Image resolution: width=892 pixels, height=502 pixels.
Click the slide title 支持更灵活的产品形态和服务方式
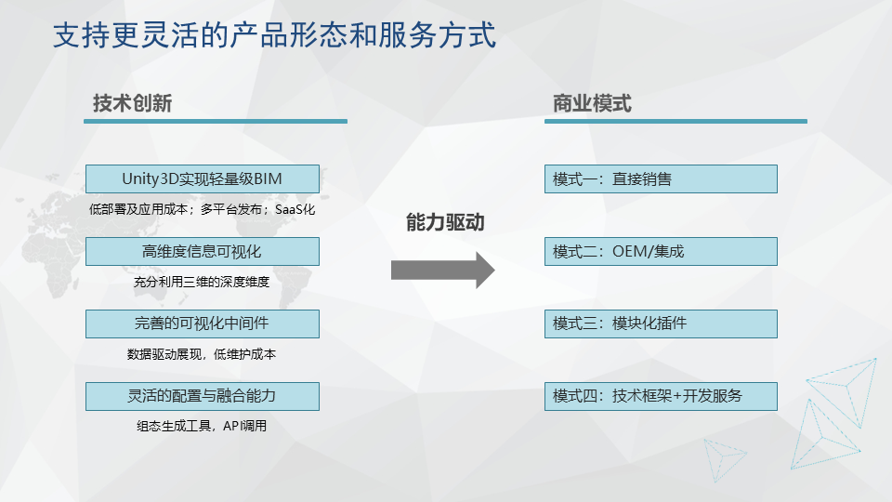(x=275, y=34)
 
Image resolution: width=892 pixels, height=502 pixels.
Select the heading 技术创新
(x=133, y=103)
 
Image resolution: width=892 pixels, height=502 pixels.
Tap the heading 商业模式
(x=592, y=103)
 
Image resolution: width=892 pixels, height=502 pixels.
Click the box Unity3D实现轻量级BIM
(x=203, y=179)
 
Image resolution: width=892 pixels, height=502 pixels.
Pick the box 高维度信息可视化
(x=203, y=252)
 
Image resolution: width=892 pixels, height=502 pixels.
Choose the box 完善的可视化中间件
(x=203, y=324)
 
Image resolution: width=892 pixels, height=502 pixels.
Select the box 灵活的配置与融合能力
(x=203, y=396)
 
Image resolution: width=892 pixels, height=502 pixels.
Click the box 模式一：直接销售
(x=661, y=179)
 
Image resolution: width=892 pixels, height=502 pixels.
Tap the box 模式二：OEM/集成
(x=661, y=252)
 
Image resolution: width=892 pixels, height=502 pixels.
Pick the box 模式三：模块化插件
(x=661, y=324)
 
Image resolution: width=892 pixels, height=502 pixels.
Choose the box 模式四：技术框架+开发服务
(x=661, y=396)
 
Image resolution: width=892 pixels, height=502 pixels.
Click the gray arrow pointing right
(x=442, y=271)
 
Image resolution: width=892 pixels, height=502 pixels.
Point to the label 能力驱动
(x=445, y=222)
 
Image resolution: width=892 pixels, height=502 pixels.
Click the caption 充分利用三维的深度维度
(x=202, y=282)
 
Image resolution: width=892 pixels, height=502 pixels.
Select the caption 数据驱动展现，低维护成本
(x=202, y=354)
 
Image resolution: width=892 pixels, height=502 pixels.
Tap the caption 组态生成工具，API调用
(x=202, y=426)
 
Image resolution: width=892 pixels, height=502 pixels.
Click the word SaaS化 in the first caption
(x=295, y=209)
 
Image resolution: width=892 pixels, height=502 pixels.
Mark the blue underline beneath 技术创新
(x=216, y=121)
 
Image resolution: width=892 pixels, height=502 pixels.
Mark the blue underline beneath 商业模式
(x=676, y=121)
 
